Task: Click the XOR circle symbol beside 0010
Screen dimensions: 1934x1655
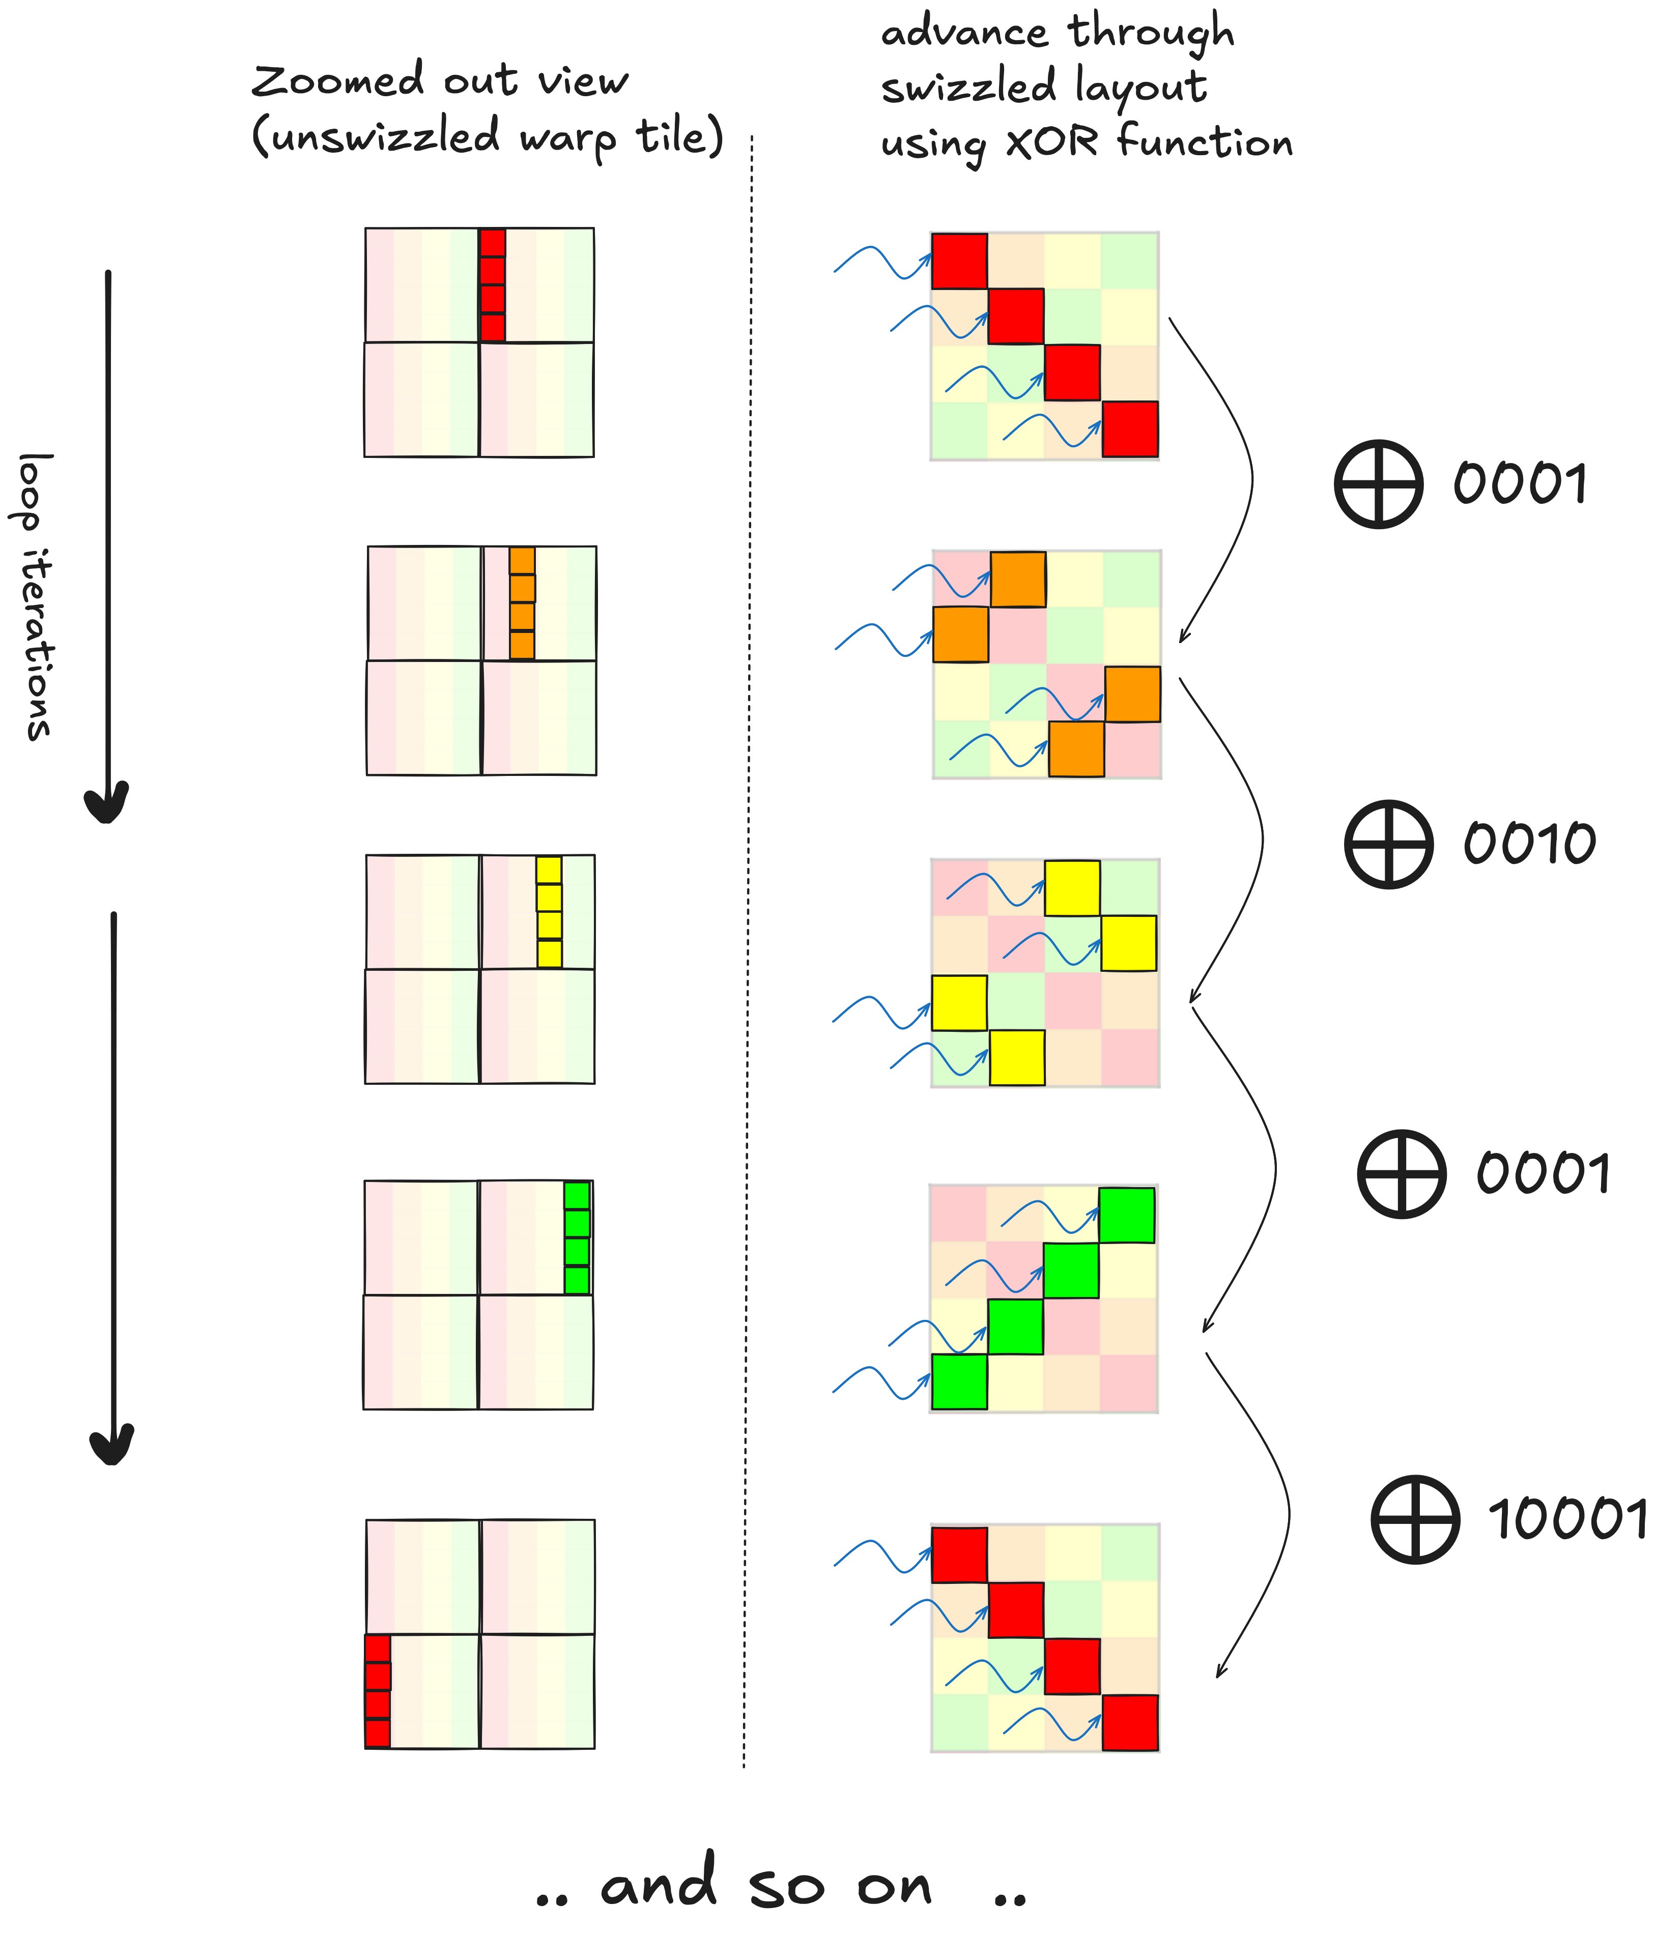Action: click(1389, 844)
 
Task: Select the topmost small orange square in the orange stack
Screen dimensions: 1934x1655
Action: click(522, 560)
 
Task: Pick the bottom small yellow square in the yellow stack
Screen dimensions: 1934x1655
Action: click(549, 953)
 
